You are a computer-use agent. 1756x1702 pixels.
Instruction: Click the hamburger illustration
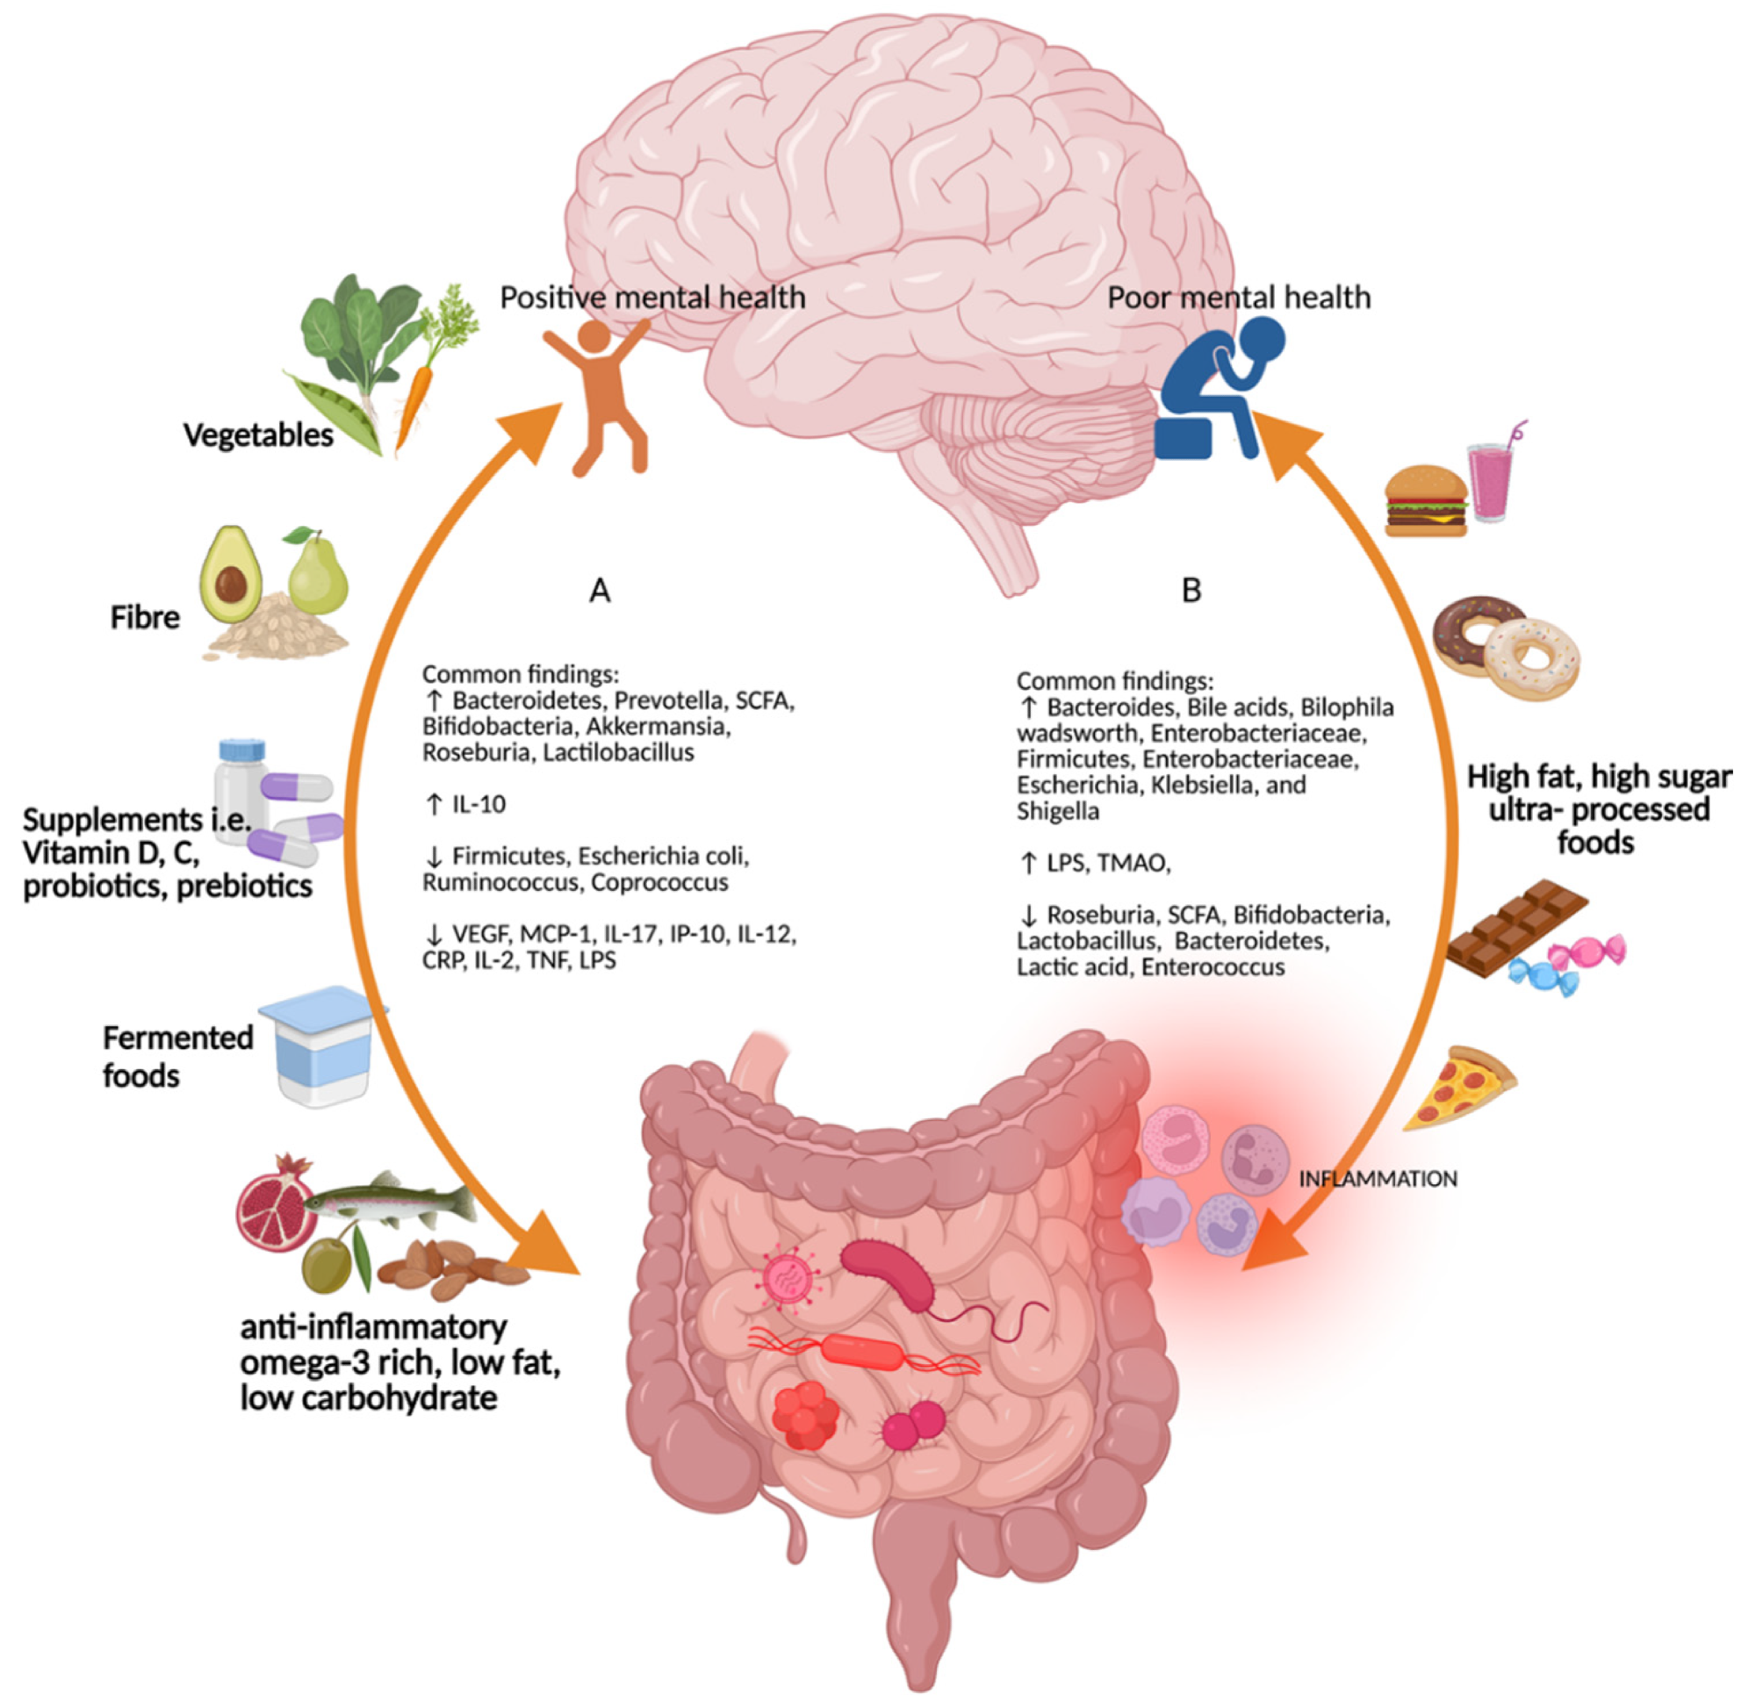(x=1425, y=501)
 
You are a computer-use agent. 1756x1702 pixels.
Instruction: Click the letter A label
(x=600, y=591)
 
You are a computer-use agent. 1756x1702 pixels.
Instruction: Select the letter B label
(x=1191, y=591)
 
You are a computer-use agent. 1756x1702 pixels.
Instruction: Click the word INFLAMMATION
(x=1377, y=1178)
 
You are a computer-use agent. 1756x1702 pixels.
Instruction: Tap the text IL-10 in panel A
(x=478, y=804)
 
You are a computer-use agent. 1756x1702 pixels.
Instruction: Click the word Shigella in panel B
(x=1057, y=812)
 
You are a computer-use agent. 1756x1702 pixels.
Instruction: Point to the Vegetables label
(x=258, y=435)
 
